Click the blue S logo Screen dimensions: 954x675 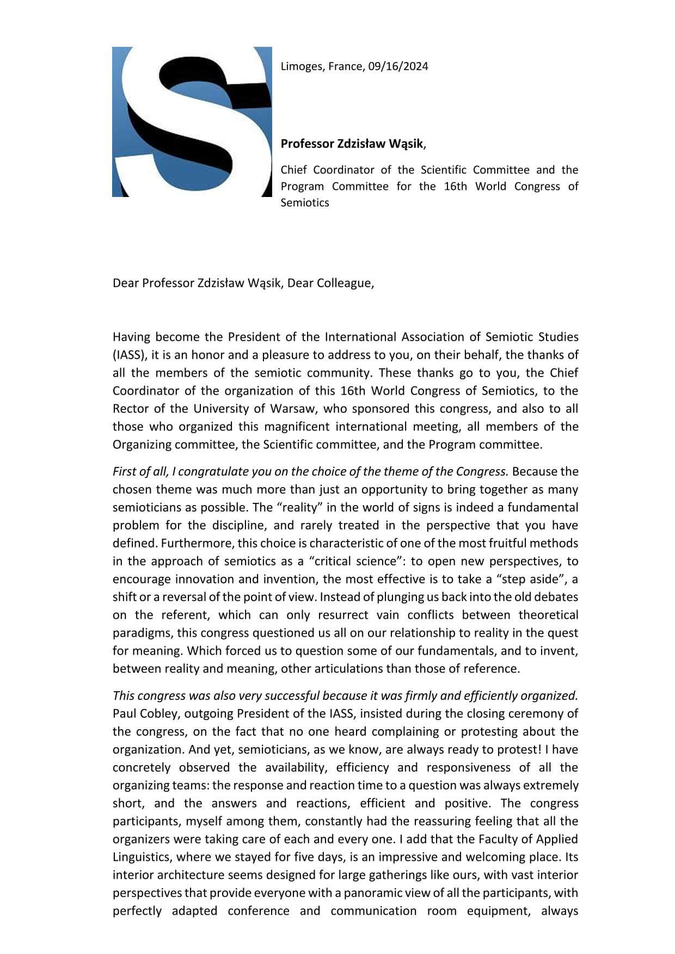coord(192,122)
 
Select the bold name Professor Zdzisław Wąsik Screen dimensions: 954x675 coord(352,144)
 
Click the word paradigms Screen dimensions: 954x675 coord(140,633)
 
